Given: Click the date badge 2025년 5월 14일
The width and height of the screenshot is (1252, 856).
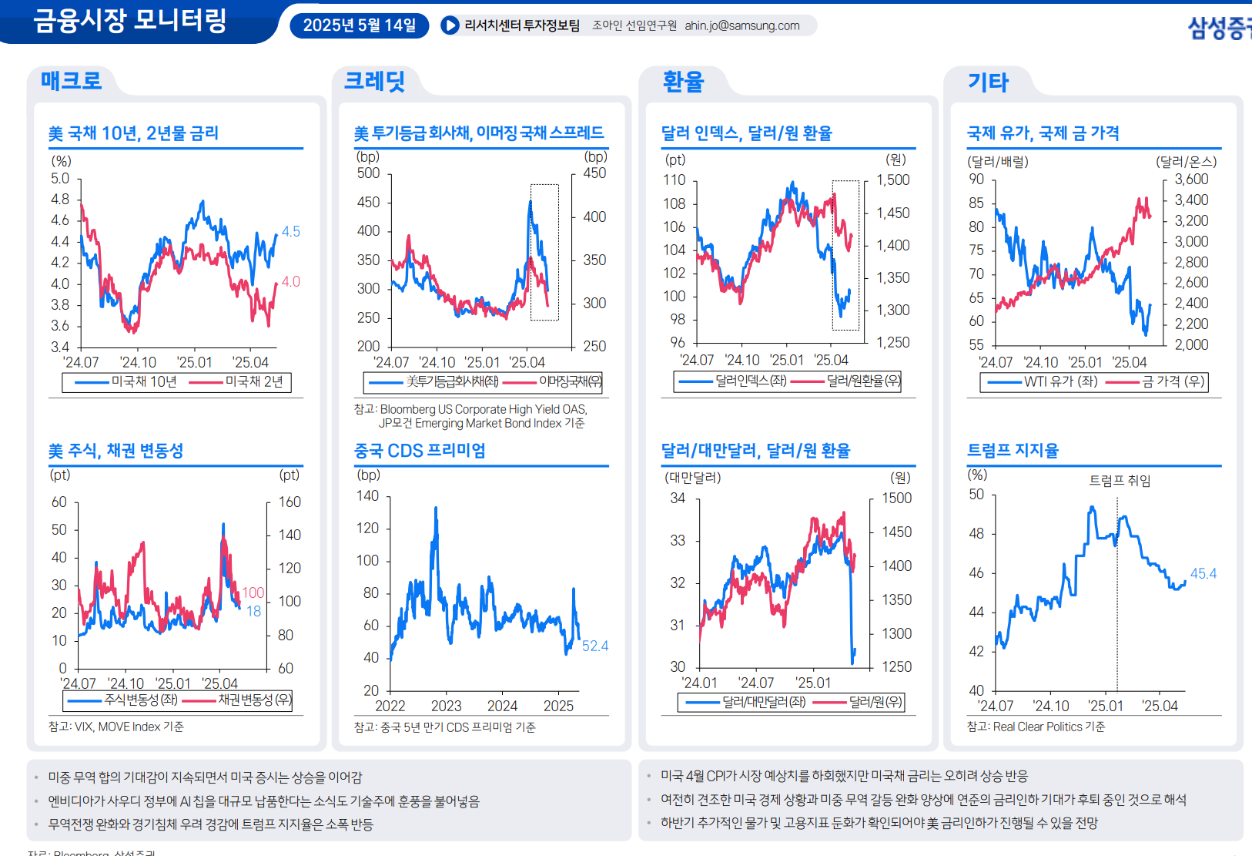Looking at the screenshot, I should [359, 25].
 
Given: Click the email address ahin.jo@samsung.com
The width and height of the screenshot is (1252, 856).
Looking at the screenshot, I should [741, 25].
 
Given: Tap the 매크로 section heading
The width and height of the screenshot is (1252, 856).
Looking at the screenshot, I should [71, 81].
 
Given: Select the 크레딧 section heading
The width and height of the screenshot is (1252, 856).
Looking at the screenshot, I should [374, 81].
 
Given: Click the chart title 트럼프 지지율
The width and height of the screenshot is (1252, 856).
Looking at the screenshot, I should [1013, 451].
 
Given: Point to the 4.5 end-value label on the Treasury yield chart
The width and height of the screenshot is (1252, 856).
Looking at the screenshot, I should [290, 231].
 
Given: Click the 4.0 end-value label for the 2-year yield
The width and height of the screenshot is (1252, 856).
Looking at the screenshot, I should [290, 282].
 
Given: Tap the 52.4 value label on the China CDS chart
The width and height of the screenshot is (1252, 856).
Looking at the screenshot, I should [594, 646].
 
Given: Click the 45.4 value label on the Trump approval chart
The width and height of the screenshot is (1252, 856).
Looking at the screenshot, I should [1203, 573].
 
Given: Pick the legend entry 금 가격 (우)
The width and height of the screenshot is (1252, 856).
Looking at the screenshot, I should [1173, 381].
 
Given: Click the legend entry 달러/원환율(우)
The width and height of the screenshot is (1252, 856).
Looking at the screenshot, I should [863, 381].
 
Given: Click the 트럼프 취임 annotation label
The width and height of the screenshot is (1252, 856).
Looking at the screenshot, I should [1120, 481].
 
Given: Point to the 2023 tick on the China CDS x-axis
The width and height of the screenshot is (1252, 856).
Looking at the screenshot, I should [446, 706].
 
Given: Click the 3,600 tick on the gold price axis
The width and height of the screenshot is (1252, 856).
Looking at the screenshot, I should [1191, 180].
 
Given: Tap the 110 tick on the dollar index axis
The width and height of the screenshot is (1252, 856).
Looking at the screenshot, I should [674, 180].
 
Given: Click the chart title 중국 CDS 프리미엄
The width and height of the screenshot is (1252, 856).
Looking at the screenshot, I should [420, 451].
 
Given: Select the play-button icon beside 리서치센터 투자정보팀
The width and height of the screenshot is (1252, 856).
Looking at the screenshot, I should [450, 25].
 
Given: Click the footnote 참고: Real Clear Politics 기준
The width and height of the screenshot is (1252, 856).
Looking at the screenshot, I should [1036, 727].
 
